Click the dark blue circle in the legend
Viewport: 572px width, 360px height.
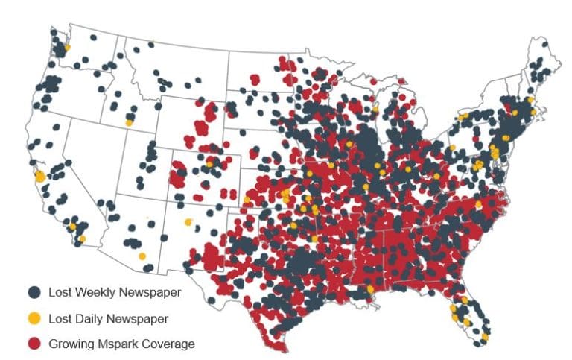click(34, 292)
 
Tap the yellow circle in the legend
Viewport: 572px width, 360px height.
click(34, 318)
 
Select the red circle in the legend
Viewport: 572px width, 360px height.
click(34, 344)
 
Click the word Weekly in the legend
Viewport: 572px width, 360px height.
click(95, 292)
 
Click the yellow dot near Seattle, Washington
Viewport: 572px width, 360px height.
click(67, 47)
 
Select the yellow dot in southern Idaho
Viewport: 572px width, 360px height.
click(130, 121)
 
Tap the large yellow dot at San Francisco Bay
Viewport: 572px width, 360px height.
click(39, 177)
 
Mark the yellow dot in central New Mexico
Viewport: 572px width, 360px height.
click(188, 222)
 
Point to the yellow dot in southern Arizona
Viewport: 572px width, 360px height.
click(142, 256)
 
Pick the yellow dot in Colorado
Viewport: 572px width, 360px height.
click(210, 161)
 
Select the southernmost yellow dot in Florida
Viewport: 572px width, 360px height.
click(484, 337)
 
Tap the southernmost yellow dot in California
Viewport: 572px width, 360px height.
click(82, 239)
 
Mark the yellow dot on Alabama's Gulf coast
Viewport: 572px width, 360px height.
click(370, 288)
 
